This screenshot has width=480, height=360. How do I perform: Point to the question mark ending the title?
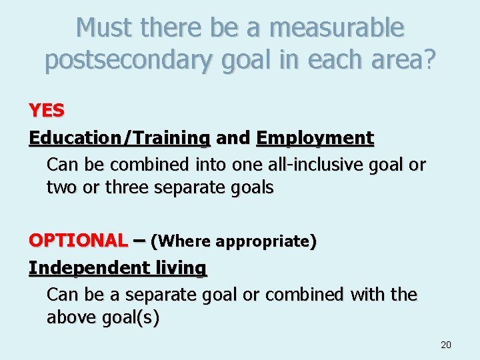pos(430,60)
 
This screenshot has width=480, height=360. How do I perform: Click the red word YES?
pos(47,111)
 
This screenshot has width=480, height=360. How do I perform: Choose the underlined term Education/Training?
pos(119,138)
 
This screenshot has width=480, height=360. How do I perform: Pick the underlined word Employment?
pos(315,138)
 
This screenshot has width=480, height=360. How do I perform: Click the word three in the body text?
pos(125,188)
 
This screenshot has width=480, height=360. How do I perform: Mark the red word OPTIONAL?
pos(77,240)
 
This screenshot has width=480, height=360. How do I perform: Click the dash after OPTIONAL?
pos(139,240)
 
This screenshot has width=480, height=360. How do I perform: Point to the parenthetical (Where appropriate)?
pos(234,241)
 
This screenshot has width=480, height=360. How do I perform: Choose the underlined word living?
pos(181,267)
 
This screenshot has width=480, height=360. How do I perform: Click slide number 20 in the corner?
pos(446,345)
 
